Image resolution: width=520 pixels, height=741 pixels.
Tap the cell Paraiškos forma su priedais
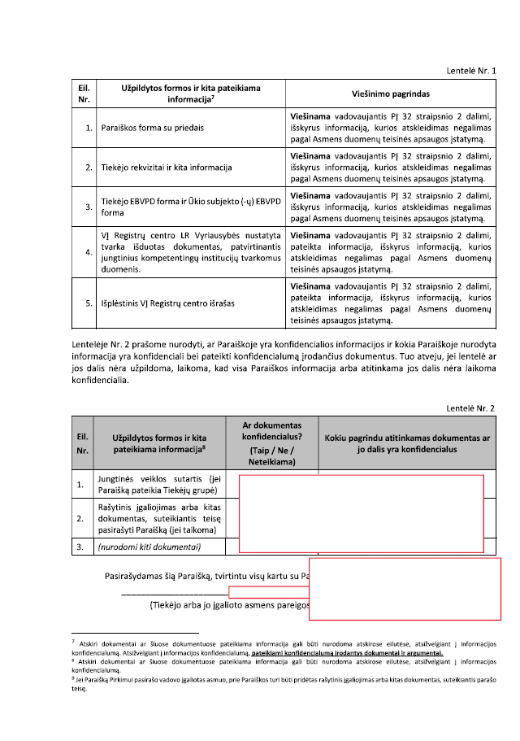152,128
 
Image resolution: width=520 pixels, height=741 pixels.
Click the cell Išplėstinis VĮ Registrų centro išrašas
167,303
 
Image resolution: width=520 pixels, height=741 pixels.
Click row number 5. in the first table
87,303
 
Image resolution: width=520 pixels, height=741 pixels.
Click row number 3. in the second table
80,547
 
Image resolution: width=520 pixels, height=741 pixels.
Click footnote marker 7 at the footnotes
74,643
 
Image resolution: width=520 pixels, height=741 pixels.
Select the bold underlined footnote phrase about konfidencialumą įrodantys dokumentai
347,652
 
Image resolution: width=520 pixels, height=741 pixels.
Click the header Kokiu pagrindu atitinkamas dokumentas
407,443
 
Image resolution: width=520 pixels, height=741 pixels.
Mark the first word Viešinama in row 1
314,116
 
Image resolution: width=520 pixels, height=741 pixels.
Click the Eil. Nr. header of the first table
84,94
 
